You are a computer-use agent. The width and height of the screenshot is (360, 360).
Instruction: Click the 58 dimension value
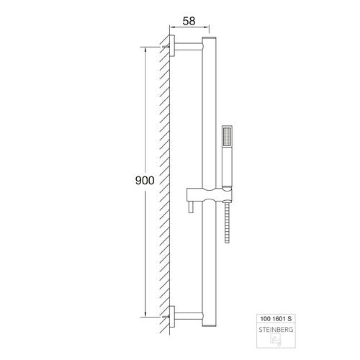coord(189,21)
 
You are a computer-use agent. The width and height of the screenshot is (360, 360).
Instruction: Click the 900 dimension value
coord(145,181)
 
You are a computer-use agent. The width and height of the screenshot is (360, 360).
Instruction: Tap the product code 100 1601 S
coord(276,319)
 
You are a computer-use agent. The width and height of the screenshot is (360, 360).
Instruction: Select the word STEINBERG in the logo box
coord(276,330)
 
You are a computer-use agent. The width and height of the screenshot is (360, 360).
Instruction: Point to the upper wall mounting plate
coord(172,46)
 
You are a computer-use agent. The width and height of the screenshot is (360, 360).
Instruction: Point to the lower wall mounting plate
coord(172,316)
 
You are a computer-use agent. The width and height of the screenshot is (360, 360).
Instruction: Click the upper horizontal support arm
coord(189,47)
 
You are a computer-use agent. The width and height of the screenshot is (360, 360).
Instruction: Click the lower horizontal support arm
coord(189,316)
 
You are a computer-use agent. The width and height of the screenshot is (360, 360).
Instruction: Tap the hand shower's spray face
coord(227,137)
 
